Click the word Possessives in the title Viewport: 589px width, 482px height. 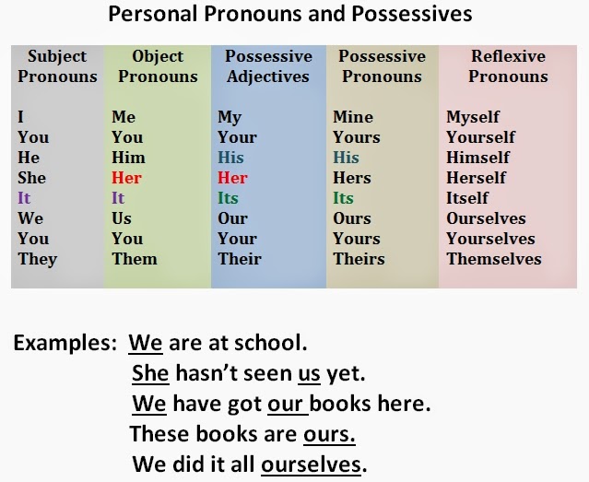tap(412, 14)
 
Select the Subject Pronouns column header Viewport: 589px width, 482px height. tap(57, 66)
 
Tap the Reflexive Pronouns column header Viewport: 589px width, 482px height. tap(508, 66)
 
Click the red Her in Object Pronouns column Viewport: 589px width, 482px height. tap(126, 178)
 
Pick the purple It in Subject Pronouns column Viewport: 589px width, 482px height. tap(24, 198)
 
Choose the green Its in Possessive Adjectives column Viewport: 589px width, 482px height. tap(228, 198)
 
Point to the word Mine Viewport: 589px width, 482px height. tap(353, 117)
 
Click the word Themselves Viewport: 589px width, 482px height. tap(494, 259)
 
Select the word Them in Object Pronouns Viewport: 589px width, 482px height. tap(135, 259)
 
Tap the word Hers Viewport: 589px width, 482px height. tap(352, 178)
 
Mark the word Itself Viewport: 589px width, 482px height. tap(467, 198)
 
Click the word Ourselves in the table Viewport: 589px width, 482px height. tap(486, 218)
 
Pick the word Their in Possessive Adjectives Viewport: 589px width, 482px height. tap(240, 259)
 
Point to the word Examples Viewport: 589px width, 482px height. tap(65, 344)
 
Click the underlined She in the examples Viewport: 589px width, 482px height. tap(150, 373)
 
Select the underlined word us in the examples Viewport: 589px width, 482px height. tap(309, 374)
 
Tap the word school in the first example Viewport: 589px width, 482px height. tap(270, 343)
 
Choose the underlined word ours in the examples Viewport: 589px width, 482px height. tap(329, 435)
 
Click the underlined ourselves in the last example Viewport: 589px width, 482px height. tap(311, 464)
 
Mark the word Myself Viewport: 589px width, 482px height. tap(473, 117)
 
